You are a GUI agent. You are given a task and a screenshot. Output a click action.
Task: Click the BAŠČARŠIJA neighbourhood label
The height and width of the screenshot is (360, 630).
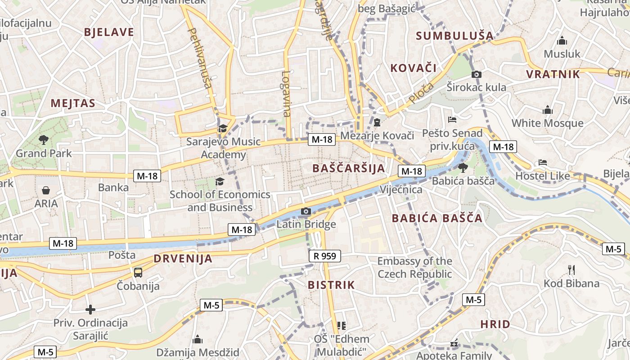click(349, 169)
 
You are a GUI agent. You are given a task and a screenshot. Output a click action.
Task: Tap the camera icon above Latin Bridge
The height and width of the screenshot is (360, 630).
click(306, 211)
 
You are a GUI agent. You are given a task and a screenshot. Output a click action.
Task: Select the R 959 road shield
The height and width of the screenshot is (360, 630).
click(325, 256)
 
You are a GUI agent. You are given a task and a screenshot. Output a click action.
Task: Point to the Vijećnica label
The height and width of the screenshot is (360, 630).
click(401, 189)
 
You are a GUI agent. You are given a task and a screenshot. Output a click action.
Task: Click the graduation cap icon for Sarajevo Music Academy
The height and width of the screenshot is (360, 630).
click(222, 129)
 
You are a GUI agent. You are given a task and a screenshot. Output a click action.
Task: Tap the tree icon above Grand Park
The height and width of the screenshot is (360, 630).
click(44, 140)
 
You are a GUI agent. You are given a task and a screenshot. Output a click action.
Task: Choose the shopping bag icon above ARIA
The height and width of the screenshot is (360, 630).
click(46, 190)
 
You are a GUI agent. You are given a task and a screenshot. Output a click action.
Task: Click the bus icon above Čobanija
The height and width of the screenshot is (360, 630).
click(138, 272)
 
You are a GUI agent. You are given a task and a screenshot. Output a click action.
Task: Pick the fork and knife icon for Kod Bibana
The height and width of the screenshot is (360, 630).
click(571, 270)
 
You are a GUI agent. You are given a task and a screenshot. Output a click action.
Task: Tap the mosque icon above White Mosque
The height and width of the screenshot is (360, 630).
click(547, 110)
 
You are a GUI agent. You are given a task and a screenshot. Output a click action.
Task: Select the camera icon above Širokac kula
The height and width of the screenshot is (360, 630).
click(477, 74)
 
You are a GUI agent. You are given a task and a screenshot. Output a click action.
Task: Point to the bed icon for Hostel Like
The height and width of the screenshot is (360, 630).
click(543, 162)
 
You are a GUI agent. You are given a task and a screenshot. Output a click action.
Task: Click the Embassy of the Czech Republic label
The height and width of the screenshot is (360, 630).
click(414, 267)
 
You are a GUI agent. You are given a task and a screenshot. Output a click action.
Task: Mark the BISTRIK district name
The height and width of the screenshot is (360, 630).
click(331, 285)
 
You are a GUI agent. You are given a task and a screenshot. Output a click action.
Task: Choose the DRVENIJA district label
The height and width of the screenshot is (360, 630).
click(183, 259)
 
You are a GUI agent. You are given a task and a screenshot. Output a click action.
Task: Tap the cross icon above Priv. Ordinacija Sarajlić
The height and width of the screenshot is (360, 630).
click(90, 310)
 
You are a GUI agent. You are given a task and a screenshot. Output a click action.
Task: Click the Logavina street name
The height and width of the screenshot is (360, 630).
click(287, 94)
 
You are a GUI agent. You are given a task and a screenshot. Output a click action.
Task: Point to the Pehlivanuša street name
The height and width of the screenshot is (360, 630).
click(201, 57)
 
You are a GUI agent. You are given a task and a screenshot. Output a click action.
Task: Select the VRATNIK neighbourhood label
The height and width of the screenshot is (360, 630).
click(553, 74)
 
